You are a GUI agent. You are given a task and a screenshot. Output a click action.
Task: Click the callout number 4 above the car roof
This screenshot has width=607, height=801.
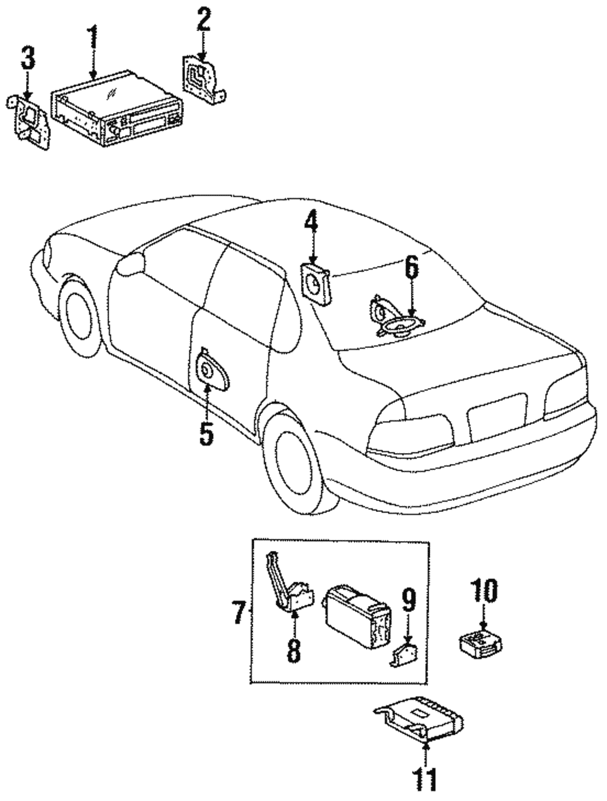pos(311,227)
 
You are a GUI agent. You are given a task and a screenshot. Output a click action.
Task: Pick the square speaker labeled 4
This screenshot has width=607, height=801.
pos(316,282)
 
